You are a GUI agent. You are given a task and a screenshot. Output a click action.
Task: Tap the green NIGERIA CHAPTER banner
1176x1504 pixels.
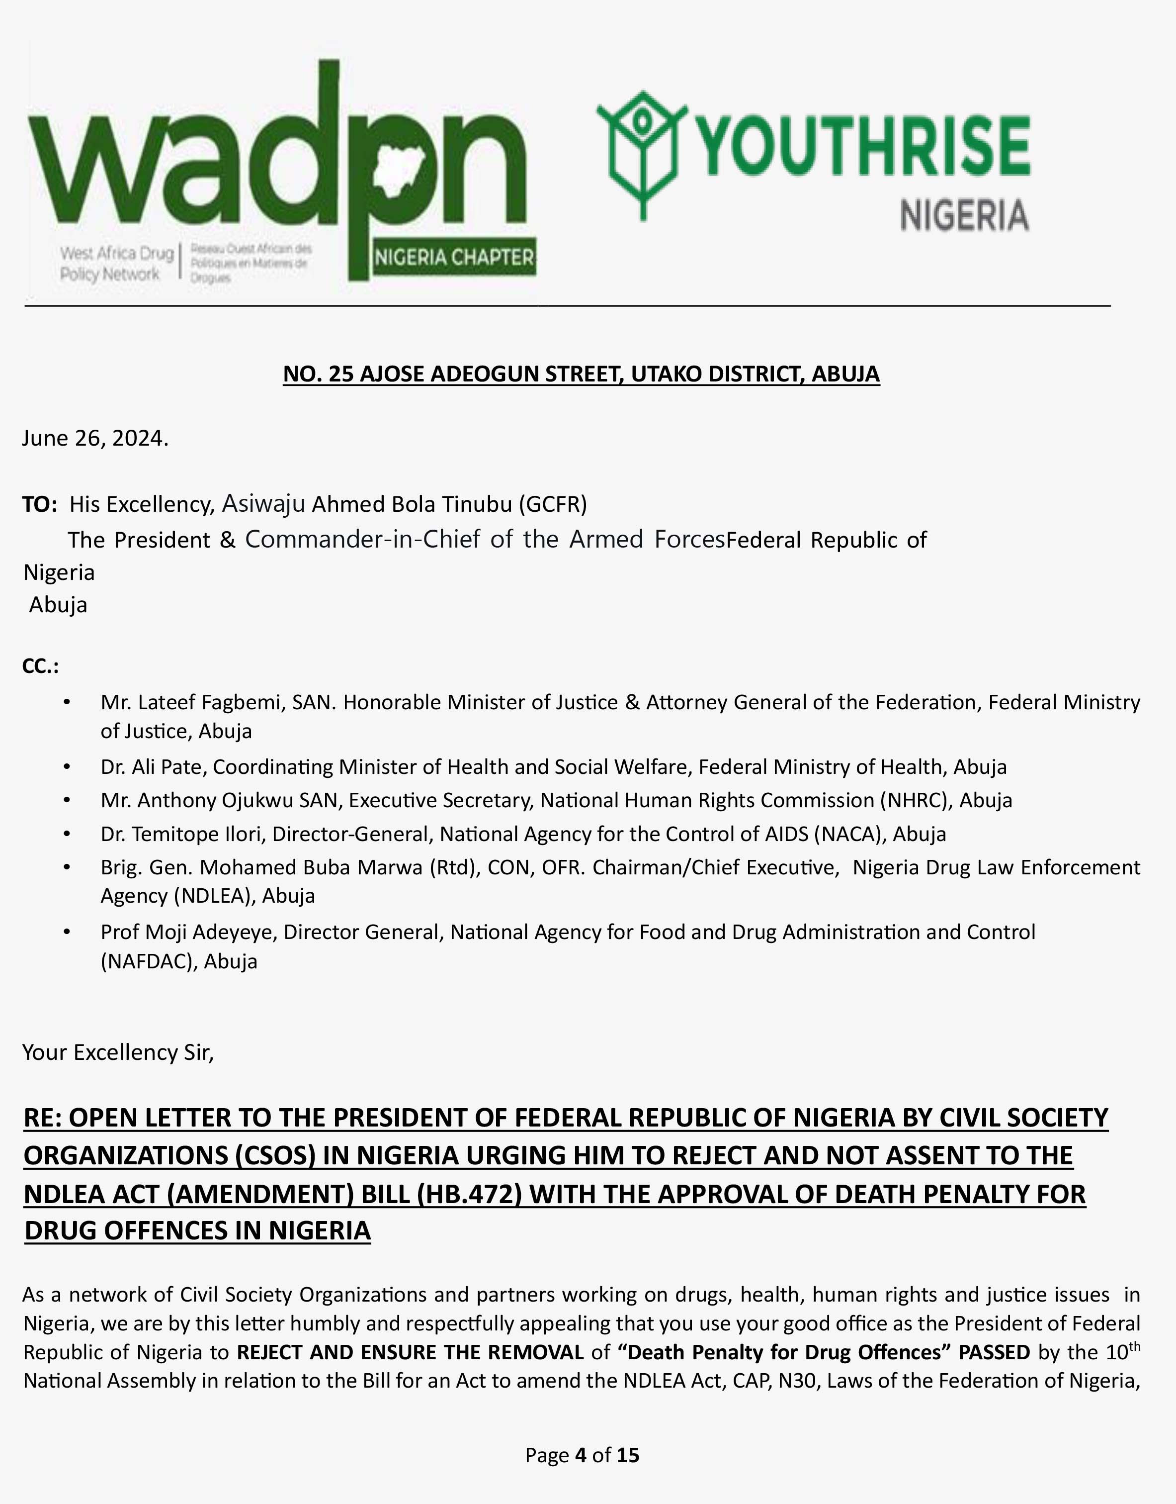pos(454,258)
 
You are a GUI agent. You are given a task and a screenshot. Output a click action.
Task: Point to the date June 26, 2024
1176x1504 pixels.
pos(95,438)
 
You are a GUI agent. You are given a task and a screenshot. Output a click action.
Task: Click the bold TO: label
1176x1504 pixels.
pos(39,505)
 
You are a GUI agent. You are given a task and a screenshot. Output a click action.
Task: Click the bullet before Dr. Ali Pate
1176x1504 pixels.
pos(66,767)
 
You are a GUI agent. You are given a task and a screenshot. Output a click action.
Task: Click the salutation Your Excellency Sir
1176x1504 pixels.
pos(118,1053)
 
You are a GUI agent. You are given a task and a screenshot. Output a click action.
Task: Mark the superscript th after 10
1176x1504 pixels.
pos(1134,1346)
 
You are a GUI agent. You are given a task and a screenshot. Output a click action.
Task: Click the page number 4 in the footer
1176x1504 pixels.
pos(581,1455)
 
